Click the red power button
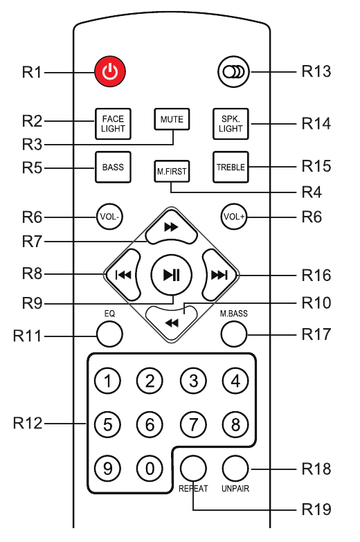pos(110,72)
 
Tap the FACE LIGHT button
pos(113,124)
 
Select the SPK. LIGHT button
pos(231,124)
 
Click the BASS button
pos(113,167)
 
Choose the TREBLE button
pos(231,167)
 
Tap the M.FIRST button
pos(172,171)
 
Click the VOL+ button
pos(234,217)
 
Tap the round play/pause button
pos(171,275)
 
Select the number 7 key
pos(193,424)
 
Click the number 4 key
pos(235,381)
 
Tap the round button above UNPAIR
pos(235,469)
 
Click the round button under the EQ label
pos(109,334)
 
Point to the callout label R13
pos(316,71)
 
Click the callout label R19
pos(316,509)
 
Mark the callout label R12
pos(28,423)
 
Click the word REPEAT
pos(193,489)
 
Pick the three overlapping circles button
pos(234,72)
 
